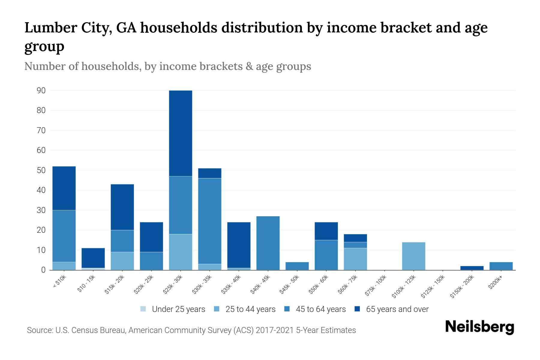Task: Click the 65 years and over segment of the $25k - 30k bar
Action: click(x=181, y=133)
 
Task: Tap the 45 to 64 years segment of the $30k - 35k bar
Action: click(x=210, y=221)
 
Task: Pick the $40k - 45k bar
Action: click(x=268, y=243)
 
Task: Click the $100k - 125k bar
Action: click(x=413, y=256)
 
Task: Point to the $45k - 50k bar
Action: click(x=297, y=266)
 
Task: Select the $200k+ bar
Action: click(x=501, y=266)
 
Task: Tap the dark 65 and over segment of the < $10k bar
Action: click(x=64, y=188)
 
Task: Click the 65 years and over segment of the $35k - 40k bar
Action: click(x=239, y=245)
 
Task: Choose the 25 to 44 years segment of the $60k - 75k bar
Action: click(x=355, y=259)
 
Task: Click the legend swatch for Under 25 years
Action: click(x=143, y=309)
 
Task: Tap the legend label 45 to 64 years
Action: click(x=321, y=309)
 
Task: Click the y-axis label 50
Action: click(x=41, y=170)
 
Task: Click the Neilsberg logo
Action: click(x=479, y=327)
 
